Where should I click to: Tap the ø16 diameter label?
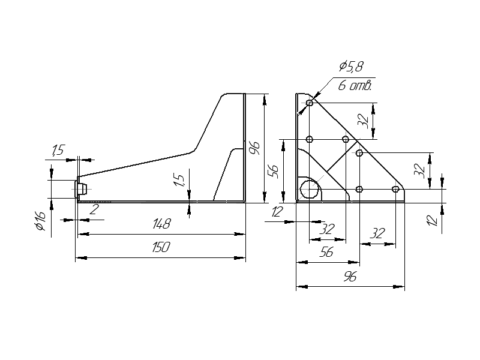40,221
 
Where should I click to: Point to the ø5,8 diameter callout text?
352,67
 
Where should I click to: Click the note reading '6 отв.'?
355,85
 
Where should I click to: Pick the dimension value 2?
94,209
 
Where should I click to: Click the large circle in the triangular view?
310,188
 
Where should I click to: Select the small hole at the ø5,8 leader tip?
310,103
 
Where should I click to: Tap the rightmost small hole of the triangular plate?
395,190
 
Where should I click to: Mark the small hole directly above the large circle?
310,139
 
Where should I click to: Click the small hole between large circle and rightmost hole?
359,190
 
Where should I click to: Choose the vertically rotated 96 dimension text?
254,147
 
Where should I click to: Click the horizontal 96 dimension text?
350,277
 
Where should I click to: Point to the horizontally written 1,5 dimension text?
58,151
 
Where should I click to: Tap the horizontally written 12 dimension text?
278,211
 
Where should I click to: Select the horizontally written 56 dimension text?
326,253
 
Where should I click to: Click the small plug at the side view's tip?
82,190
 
